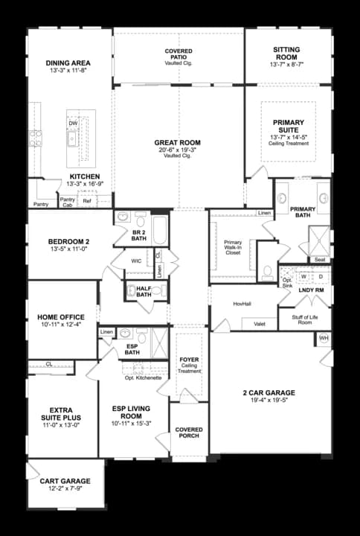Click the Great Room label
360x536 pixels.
click(177, 142)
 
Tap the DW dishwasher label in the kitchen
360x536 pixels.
click(73, 123)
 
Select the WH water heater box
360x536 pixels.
click(324, 339)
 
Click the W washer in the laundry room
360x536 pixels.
click(303, 276)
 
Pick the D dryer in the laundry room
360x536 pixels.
click(321, 276)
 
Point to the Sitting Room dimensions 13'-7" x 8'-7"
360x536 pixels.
click(286, 64)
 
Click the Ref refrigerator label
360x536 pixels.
click(87, 201)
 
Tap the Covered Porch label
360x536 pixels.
click(189, 433)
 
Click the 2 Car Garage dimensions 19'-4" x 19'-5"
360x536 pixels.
click(269, 400)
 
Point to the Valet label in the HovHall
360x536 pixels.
click(260, 324)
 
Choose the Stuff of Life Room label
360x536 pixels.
click(305, 319)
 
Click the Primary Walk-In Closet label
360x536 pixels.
click(233, 247)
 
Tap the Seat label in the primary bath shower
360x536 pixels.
click(320, 260)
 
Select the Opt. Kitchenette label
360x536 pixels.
click(143, 377)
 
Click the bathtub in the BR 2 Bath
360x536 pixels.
click(159, 230)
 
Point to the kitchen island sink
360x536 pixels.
click(72, 139)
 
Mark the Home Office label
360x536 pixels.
click(61, 317)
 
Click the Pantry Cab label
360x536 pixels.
click(67, 202)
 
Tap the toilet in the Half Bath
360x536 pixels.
click(157, 290)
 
